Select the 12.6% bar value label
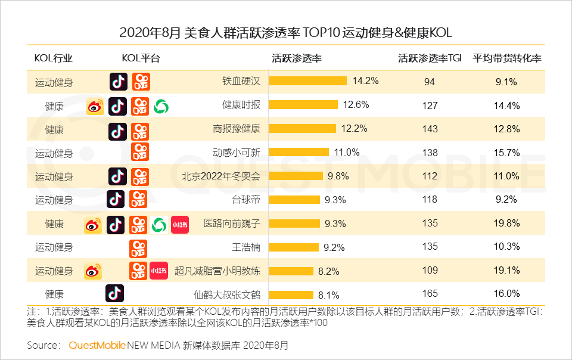[x=356, y=105]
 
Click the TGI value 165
[x=430, y=293]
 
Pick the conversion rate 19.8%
[x=508, y=224]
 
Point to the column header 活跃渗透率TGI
[x=430, y=58]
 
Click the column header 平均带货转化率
[x=507, y=58]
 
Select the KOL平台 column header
[x=141, y=58]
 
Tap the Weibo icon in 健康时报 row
[x=95, y=106]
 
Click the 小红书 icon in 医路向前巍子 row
[x=179, y=225]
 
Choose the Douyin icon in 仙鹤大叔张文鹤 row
[x=114, y=293]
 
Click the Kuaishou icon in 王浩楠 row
[x=139, y=247]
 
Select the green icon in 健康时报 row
[x=161, y=106]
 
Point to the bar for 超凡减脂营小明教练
[x=291, y=271]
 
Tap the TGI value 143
[x=430, y=129]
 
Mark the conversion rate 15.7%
[x=508, y=153]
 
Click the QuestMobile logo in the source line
[x=97, y=345]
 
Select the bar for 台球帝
[x=294, y=200]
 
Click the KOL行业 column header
[x=54, y=58]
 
